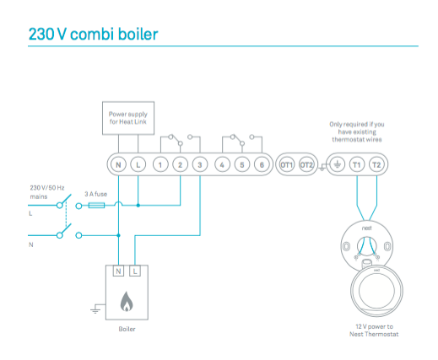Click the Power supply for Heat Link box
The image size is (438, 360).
(x=128, y=118)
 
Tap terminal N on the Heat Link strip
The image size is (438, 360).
(x=118, y=164)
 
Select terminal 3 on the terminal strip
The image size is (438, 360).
(x=200, y=164)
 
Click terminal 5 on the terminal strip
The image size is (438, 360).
(x=242, y=164)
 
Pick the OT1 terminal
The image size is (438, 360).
(x=287, y=164)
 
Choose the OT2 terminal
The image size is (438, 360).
(x=306, y=164)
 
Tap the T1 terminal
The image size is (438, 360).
(x=357, y=164)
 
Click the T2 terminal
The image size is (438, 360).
(x=376, y=164)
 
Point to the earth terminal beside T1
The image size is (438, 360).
(x=337, y=164)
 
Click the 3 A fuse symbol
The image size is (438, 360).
(x=96, y=206)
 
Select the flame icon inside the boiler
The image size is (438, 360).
(x=127, y=302)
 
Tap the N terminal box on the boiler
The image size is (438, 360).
(x=118, y=271)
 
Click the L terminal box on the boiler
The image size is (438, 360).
(x=135, y=271)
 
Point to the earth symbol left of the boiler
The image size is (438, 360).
(x=95, y=310)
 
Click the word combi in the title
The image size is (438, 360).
(x=92, y=35)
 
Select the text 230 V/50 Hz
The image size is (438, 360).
(x=47, y=188)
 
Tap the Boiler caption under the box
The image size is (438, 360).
(x=127, y=329)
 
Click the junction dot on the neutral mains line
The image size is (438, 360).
(x=118, y=235)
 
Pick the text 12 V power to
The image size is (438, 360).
(x=374, y=326)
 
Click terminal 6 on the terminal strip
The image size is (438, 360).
(x=262, y=164)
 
